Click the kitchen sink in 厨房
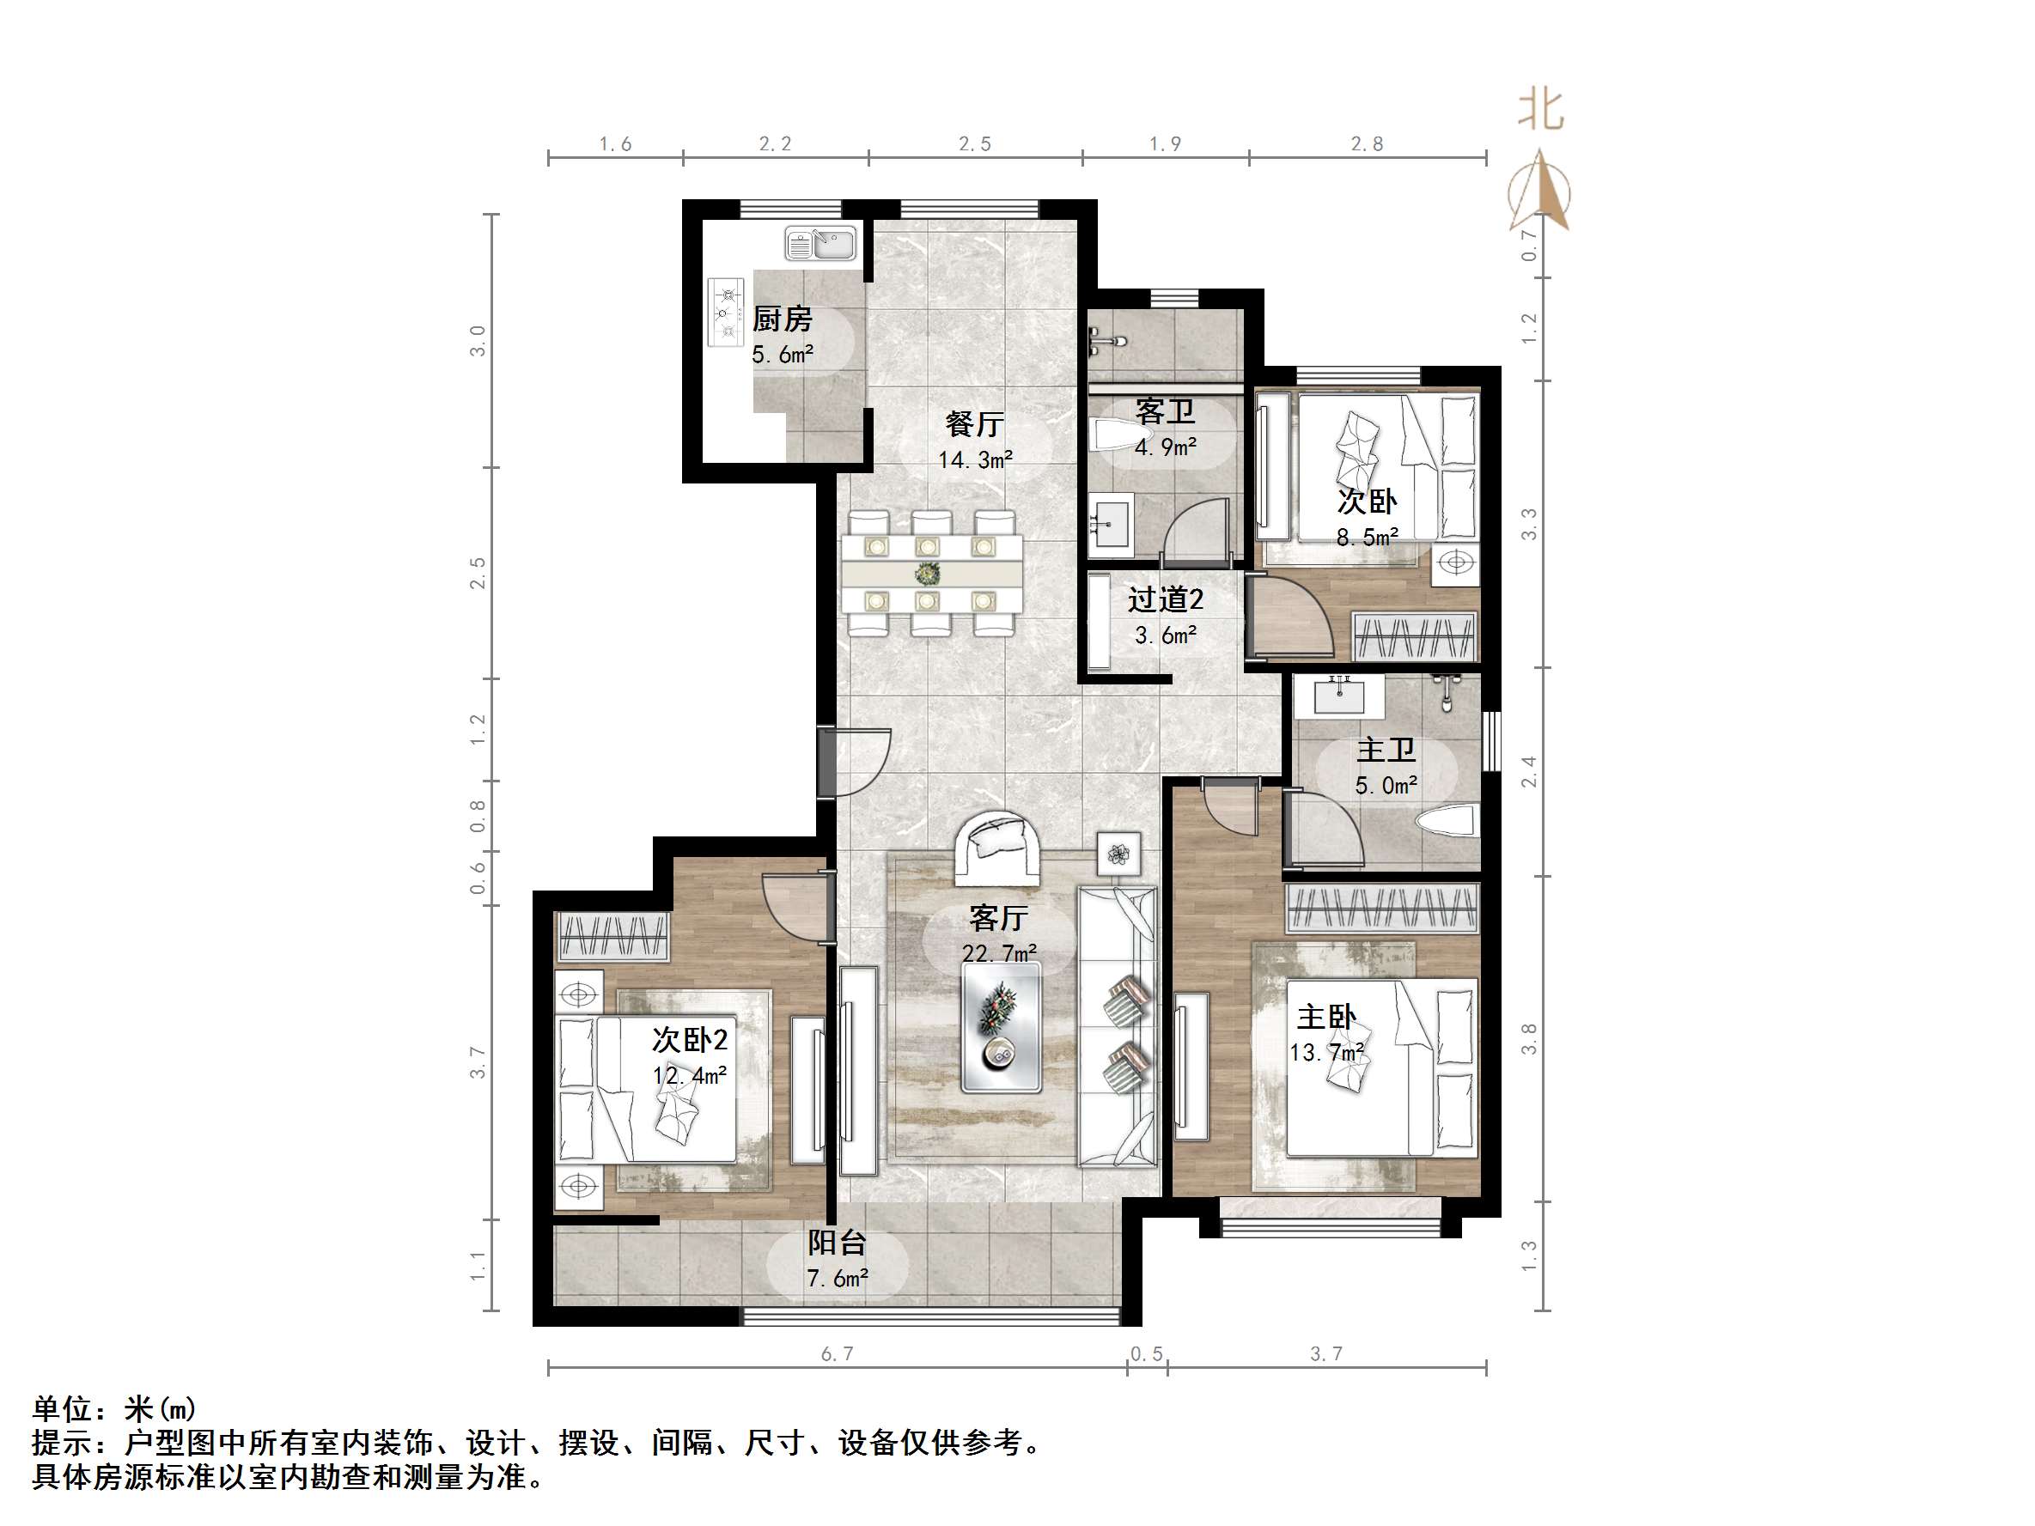[x=819, y=244]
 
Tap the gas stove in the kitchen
[x=726, y=313]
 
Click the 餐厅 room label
[x=974, y=424]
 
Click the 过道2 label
[x=1166, y=599]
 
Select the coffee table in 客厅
[x=1001, y=1027]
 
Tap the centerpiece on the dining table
[x=928, y=574]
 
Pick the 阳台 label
[x=838, y=1243]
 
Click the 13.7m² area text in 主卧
[x=1326, y=1052]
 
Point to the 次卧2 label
[x=690, y=1039]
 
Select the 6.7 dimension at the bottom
[x=838, y=1353]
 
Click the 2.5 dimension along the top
[x=975, y=143]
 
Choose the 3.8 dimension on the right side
[x=1529, y=1038]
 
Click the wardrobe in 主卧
[x=1382, y=907]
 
